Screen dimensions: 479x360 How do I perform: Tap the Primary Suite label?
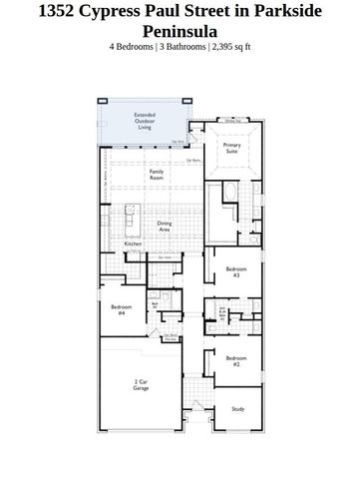coord(232,148)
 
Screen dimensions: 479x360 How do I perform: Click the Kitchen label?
coord(133,244)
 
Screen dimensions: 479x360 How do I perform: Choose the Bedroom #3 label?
coord(235,271)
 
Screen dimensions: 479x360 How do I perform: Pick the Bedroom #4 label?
coord(121,309)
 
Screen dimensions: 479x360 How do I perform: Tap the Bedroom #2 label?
coord(235,360)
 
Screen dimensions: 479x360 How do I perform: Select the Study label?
coord(237,409)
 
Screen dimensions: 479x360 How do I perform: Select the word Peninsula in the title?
coord(180,31)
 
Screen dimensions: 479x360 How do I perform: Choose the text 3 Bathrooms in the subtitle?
coord(180,47)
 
